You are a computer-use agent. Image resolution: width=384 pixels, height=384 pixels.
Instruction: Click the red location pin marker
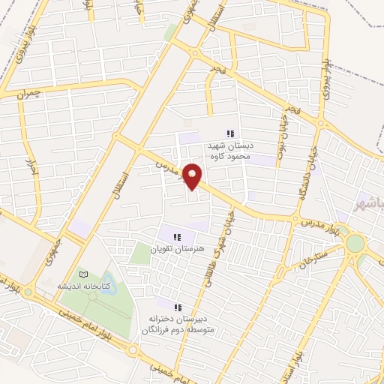[193, 176]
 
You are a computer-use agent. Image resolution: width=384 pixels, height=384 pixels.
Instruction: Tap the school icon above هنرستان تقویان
[175, 237]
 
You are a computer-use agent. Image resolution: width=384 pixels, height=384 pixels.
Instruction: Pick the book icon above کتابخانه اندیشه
[84, 275]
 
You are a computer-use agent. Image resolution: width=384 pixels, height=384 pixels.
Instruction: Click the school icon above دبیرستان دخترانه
[178, 307]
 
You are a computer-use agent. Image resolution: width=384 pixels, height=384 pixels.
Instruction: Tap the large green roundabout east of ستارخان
[355, 244]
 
